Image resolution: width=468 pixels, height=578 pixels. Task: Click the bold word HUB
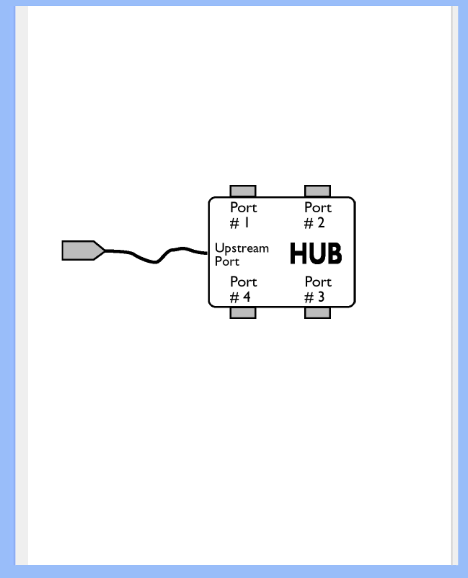point(315,253)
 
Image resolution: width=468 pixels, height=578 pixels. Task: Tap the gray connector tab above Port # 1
point(243,191)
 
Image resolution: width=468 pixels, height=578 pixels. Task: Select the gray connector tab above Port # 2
point(317,191)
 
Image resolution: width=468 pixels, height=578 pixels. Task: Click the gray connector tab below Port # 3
point(317,313)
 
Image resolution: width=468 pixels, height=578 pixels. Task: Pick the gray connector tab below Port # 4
point(243,313)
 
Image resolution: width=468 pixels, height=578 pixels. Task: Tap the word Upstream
point(242,248)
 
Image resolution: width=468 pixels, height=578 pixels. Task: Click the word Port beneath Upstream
point(227,261)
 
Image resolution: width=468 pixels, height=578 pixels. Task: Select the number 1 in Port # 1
point(247,222)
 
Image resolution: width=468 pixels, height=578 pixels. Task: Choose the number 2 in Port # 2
point(321,222)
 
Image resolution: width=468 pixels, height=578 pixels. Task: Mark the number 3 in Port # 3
point(321,297)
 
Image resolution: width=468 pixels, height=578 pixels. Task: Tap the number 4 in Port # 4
point(247,297)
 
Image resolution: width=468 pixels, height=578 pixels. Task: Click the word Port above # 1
point(244,208)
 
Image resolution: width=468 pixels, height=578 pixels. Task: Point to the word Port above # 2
point(318,208)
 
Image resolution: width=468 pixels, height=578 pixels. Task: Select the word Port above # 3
point(318,282)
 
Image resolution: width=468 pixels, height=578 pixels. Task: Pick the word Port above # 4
point(244,282)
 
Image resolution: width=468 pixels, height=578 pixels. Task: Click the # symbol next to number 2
point(309,223)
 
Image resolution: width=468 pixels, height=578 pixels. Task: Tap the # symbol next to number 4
point(234,297)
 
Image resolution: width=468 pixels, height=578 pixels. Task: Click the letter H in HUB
point(298,253)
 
